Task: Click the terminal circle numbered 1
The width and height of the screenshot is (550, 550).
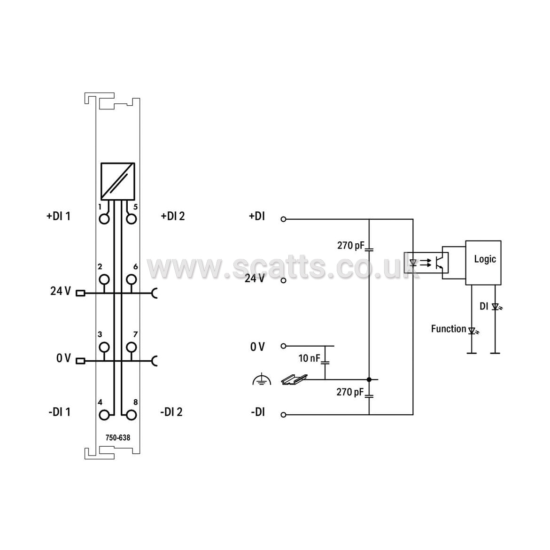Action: click(104, 219)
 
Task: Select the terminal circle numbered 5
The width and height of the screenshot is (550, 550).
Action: click(131, 219)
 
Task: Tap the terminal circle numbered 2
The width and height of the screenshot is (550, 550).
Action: click(104, 279)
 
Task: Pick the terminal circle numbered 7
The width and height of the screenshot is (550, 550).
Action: click(131, 347)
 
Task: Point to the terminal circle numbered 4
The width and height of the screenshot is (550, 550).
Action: click(104, 415)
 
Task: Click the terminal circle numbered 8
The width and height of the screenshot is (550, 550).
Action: click(131, 415)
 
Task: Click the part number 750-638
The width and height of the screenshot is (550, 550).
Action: click(118, 438)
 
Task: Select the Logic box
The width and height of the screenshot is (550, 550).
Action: click(483, 263)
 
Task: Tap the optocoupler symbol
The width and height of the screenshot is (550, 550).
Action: click(426, 263)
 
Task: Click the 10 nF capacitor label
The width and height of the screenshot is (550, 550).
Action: click(310, 358)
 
